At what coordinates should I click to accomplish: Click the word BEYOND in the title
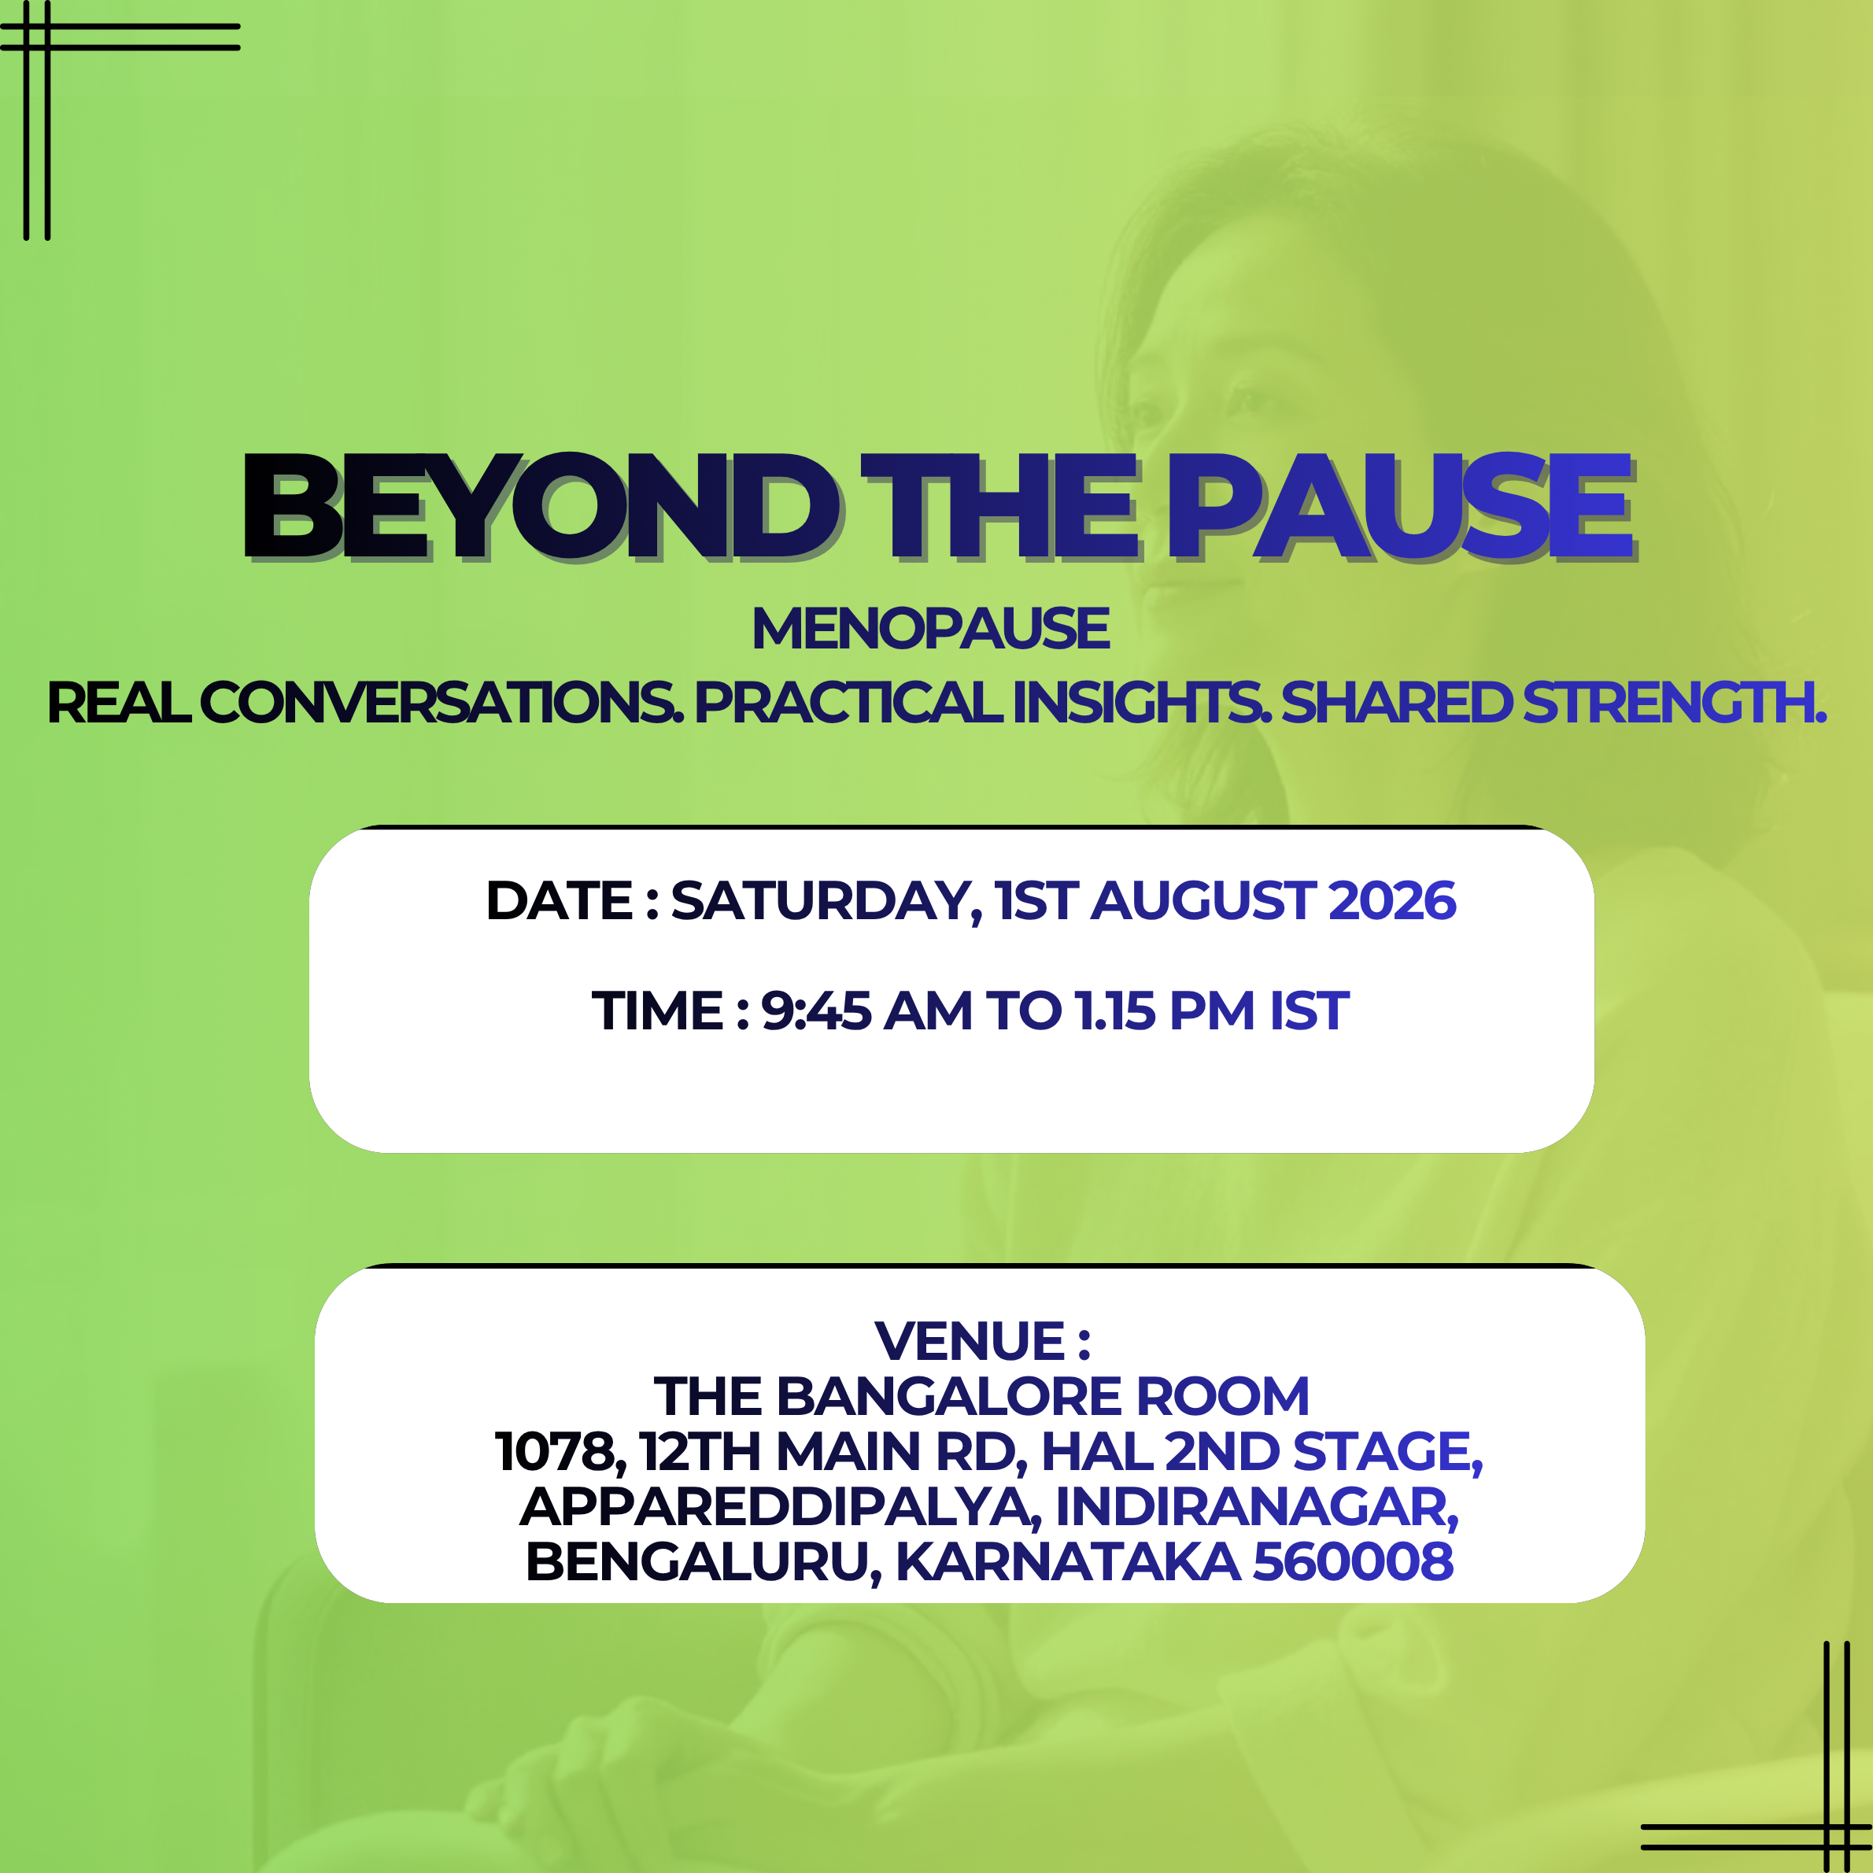(x=541, y=506)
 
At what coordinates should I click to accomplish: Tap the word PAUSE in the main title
(x=1402, y=506)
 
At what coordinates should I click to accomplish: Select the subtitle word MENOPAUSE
(x=931, y=628)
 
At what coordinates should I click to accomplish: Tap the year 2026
(x=1392, y=900)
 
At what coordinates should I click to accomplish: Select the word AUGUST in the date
(x=1203, y=900)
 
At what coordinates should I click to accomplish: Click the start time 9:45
(x=816, y=1011)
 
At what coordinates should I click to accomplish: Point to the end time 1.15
(x=1116, y=1011)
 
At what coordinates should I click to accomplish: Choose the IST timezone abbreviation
(x=1309, y=1011)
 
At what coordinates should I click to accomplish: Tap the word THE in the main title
(x=999, y=506)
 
